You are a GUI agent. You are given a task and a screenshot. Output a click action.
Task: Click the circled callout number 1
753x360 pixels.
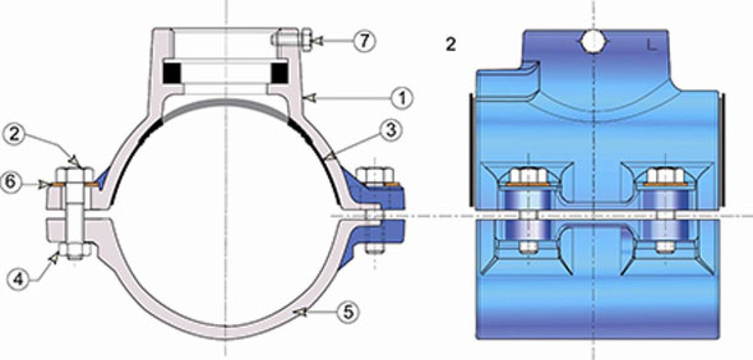coord(402,98)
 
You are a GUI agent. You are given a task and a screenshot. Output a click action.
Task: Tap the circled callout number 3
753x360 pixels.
coord(391,130)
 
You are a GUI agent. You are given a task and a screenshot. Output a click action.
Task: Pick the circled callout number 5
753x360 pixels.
coord(348,312)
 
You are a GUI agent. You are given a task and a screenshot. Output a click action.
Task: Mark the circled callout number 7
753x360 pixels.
coord(364,41)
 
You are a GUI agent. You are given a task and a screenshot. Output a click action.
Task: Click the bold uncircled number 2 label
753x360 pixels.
coord(451,45)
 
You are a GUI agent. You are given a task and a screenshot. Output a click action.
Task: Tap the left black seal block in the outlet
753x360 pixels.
coord(172,73)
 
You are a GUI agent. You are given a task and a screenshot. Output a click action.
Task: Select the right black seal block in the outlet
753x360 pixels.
coord(279,73)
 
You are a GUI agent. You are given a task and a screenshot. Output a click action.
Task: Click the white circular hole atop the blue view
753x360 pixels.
coord(594,42)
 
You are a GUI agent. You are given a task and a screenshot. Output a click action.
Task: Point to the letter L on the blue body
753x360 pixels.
coord(651,45)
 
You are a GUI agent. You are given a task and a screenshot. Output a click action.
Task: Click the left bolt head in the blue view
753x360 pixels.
coord(528,176)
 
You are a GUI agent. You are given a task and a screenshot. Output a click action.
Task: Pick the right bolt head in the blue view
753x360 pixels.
coord(665,176)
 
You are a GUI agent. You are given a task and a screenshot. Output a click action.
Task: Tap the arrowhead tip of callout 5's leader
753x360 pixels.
coord(293,313)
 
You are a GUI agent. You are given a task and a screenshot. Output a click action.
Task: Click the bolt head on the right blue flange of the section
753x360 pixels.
coord(375,176)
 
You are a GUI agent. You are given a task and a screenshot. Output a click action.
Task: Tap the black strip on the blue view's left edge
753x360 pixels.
coord(471,150)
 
